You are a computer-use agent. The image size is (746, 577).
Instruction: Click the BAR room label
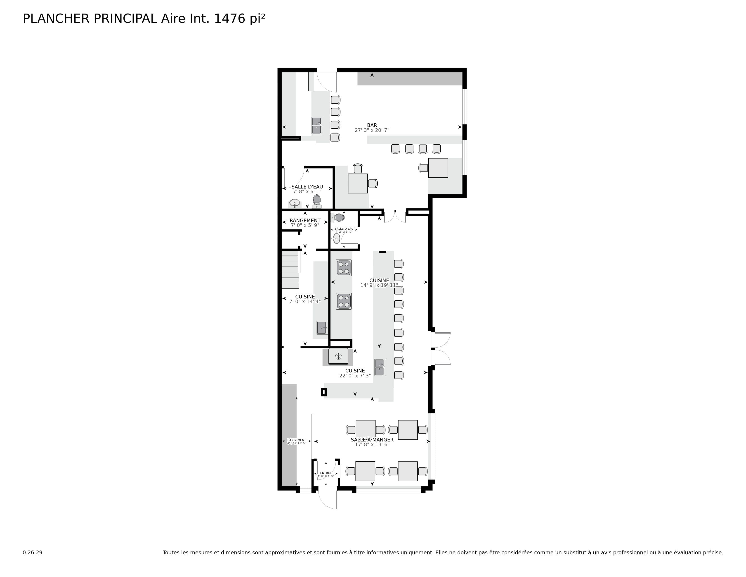[372, 125]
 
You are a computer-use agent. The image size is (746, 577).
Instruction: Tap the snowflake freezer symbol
[338, 356]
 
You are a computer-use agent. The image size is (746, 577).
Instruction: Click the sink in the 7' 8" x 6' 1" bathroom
[294, 203]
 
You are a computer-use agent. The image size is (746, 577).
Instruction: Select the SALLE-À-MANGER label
[372, 440]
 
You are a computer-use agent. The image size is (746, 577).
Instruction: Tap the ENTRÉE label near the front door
[326, 473]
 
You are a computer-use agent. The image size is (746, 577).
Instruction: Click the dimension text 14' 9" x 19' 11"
[379, 285]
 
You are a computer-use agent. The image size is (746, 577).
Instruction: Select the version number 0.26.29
[33, 552]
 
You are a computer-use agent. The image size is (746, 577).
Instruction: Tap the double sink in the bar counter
[317, 125]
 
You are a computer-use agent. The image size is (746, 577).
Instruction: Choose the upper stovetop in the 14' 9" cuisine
[344, 268]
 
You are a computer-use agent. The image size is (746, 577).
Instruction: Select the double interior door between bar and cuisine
[395, 216]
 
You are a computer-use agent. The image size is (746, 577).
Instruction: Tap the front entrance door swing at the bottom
[327, 500]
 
